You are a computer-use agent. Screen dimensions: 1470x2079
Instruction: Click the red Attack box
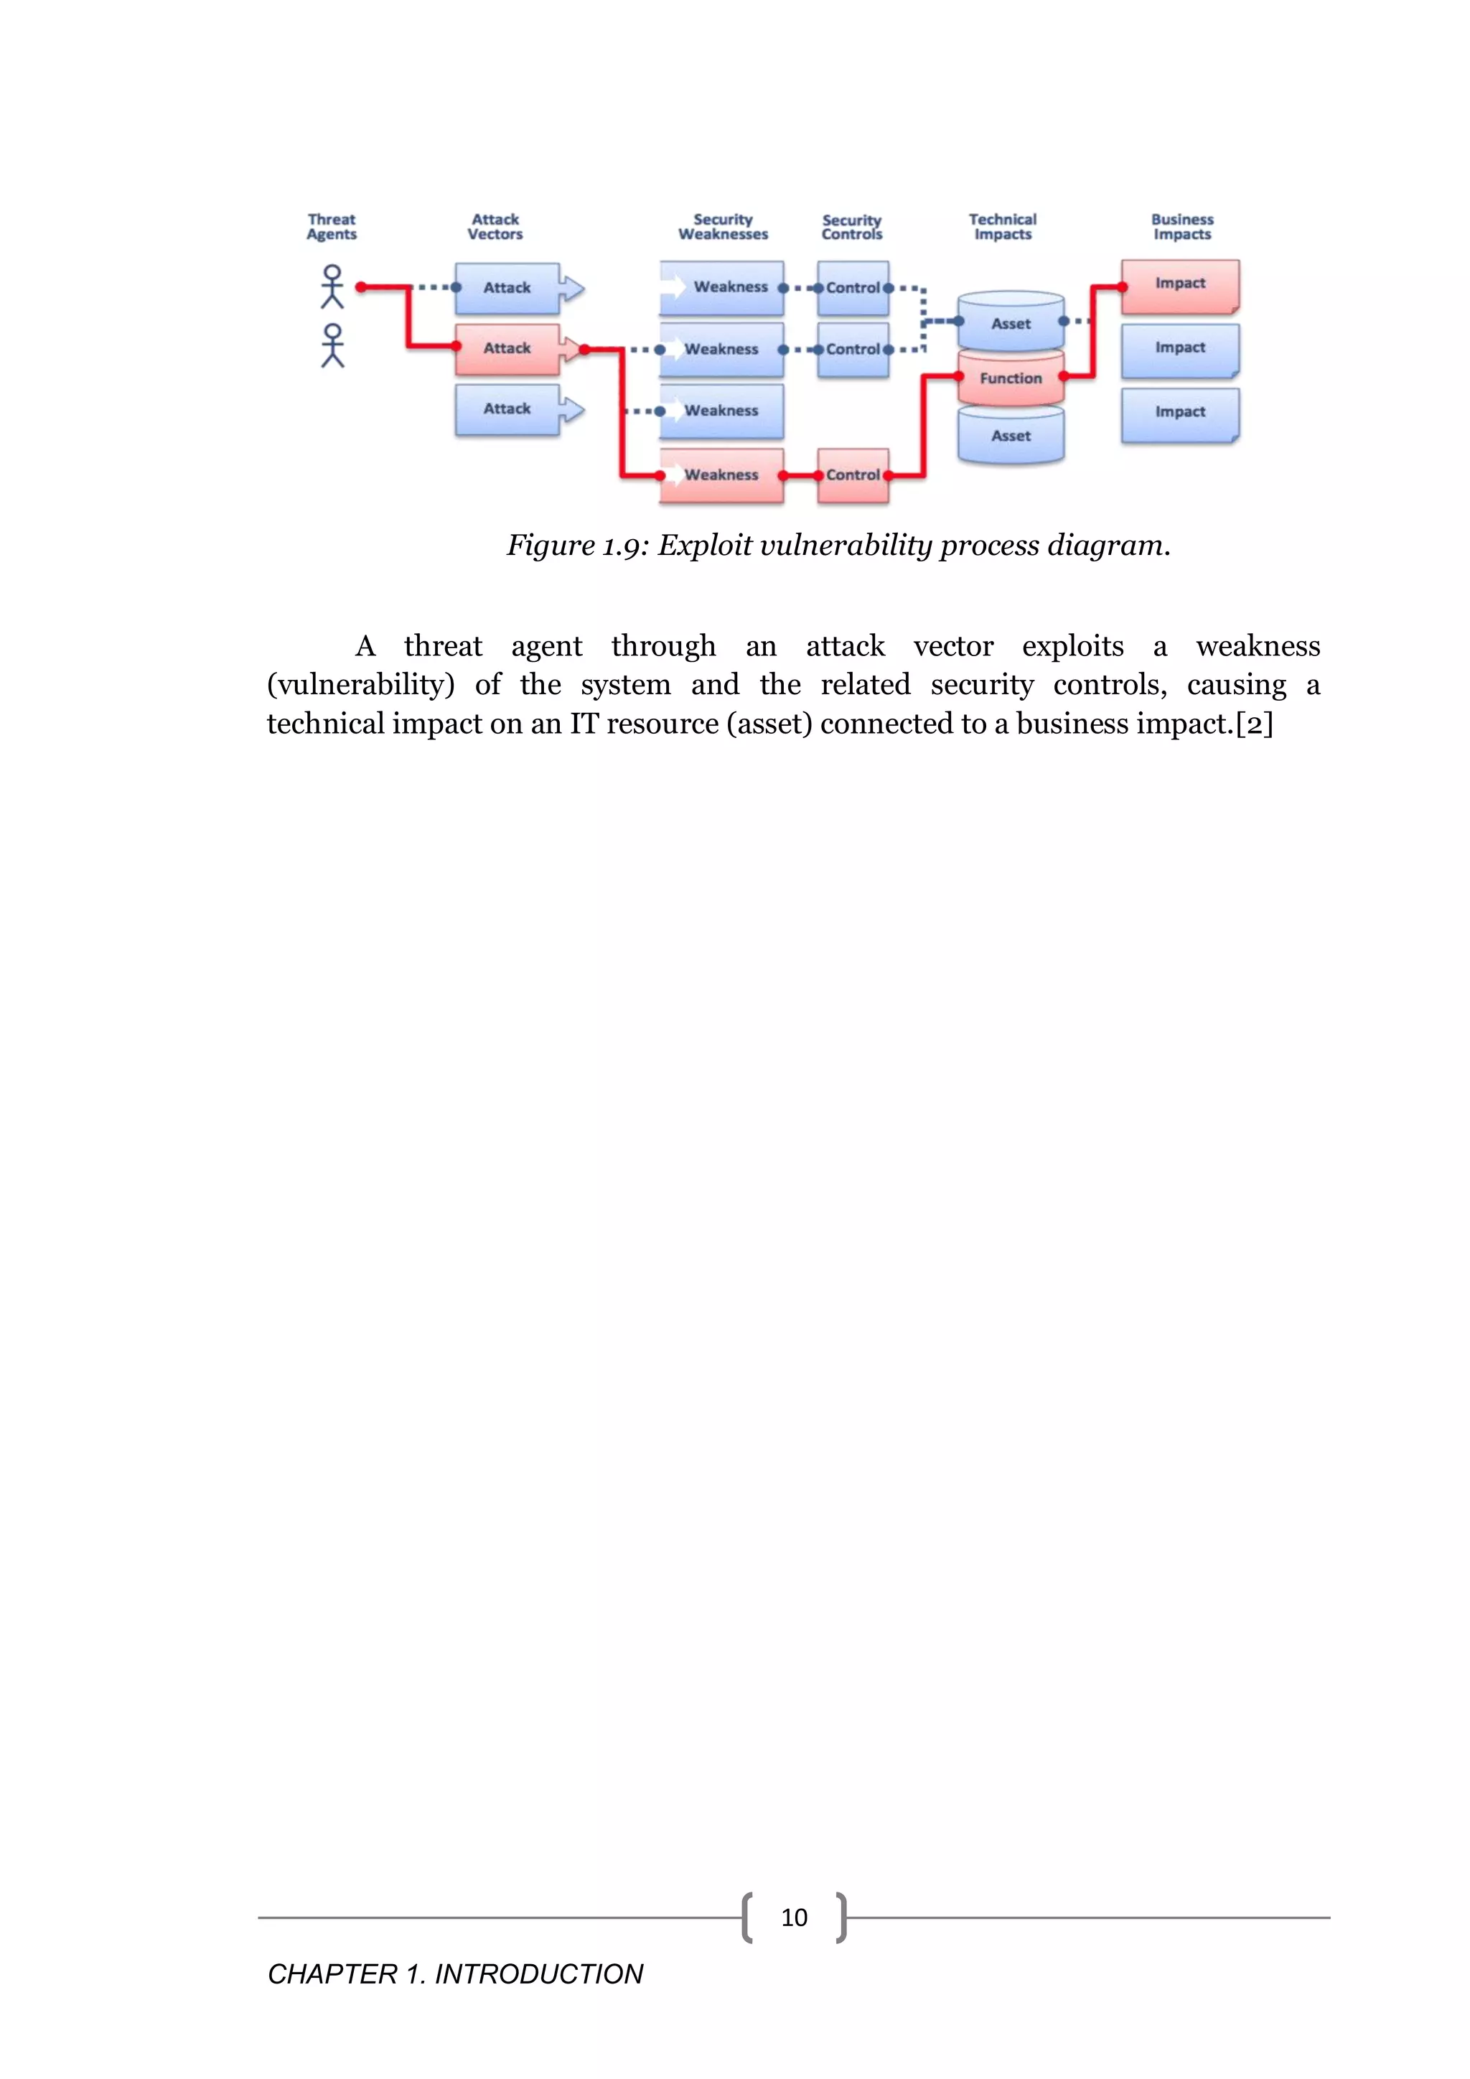(507, 349)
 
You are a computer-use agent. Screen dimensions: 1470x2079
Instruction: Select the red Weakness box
(721, 475)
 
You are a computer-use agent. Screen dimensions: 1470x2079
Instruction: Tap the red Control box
(853, 475)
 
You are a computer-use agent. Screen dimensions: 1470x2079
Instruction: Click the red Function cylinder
(1010, 378)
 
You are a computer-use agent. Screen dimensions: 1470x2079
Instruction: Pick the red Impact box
(1179, 284)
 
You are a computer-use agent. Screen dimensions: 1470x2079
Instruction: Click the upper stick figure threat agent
(332, 286)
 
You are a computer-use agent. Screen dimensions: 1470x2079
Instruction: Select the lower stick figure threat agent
(332, 346)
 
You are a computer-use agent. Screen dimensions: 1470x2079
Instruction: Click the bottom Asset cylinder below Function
(1010, 436)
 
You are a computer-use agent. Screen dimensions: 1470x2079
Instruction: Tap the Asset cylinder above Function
(1010, 323)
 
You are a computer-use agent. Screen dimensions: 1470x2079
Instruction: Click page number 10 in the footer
(794, 1917)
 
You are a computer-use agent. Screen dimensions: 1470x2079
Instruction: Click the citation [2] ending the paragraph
(1255, 724)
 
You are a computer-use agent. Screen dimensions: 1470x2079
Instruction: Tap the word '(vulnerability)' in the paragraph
(360, 685)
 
